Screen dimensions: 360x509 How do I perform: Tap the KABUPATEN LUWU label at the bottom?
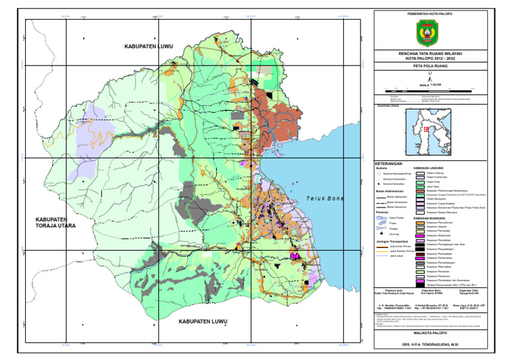(203, 322)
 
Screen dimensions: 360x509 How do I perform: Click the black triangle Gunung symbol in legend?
(380, 234)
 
